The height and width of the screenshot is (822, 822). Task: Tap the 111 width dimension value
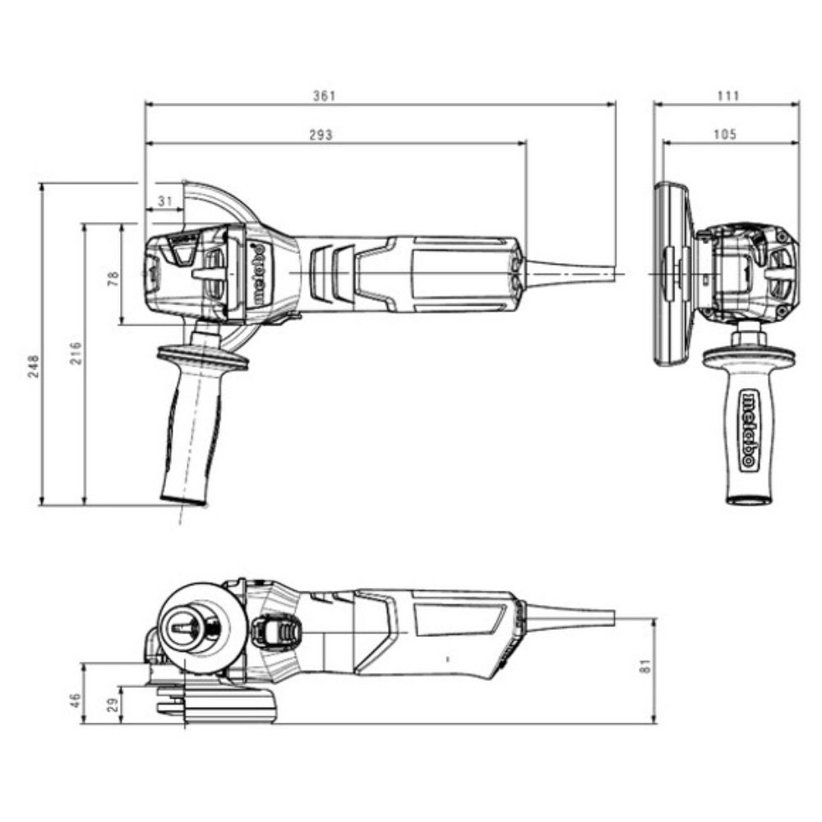[727, 96]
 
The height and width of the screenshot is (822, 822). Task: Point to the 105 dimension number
[725, 135]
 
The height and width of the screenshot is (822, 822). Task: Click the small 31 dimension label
[165, 201]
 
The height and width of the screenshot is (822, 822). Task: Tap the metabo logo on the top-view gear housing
[256, 274]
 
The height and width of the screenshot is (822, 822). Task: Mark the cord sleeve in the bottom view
[567, 616]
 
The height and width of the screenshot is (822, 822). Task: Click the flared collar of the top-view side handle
[201, 358]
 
